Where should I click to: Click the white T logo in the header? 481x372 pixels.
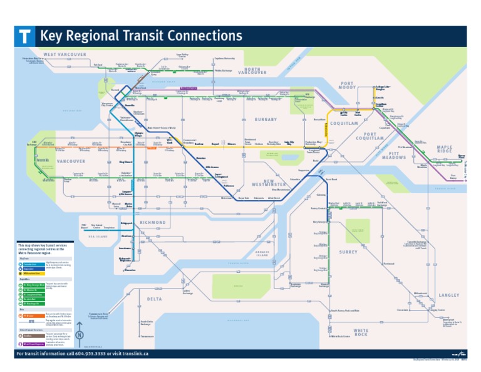[x=24, y=36]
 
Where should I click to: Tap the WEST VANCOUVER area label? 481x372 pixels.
[x=65, y=55]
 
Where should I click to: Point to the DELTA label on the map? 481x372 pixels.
[x=155, y=299]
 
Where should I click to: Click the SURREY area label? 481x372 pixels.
[x=348, y=252]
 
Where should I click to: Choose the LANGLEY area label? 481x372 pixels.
[x=448, y=295]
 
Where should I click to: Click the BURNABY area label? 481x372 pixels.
[x=266, y=119]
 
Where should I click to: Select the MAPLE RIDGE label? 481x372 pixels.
[x=445, y=150]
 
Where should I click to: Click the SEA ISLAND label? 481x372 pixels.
[x=98, y=236]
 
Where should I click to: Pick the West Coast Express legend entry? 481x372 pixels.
[x=35, y=344]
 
